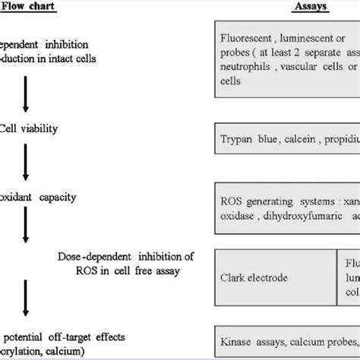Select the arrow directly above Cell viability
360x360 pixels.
pos(27,94)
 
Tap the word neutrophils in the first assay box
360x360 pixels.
pos(248,67)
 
